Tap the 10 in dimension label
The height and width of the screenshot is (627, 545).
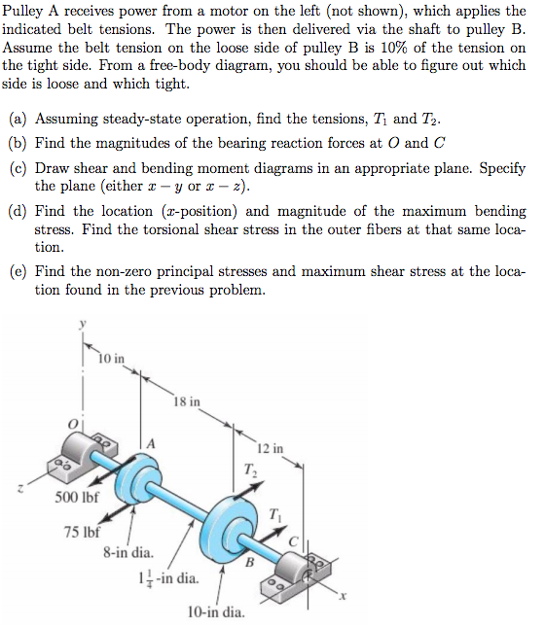[x=112, y=359]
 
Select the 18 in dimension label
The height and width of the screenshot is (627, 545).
[x=187, y=401]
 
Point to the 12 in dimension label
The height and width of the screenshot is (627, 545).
[x=271, y=448]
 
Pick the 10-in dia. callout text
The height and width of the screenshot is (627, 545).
[x=215, y=612]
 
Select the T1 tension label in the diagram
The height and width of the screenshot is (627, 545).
[x=275, y=513]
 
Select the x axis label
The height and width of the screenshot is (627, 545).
[x=343, y=600]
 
